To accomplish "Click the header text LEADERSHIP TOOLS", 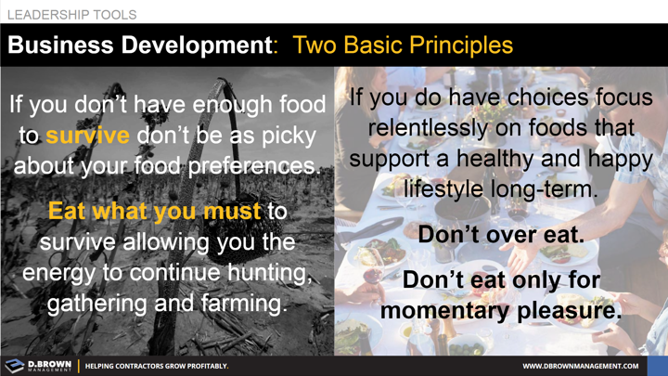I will pos(71,15).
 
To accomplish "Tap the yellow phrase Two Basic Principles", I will pos(402,45).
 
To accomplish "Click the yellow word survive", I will pos(87,136).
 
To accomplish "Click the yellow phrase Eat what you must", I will pos(155,212).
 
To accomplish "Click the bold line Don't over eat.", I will pos(501,235).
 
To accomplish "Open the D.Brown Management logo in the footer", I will pos(37,366).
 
